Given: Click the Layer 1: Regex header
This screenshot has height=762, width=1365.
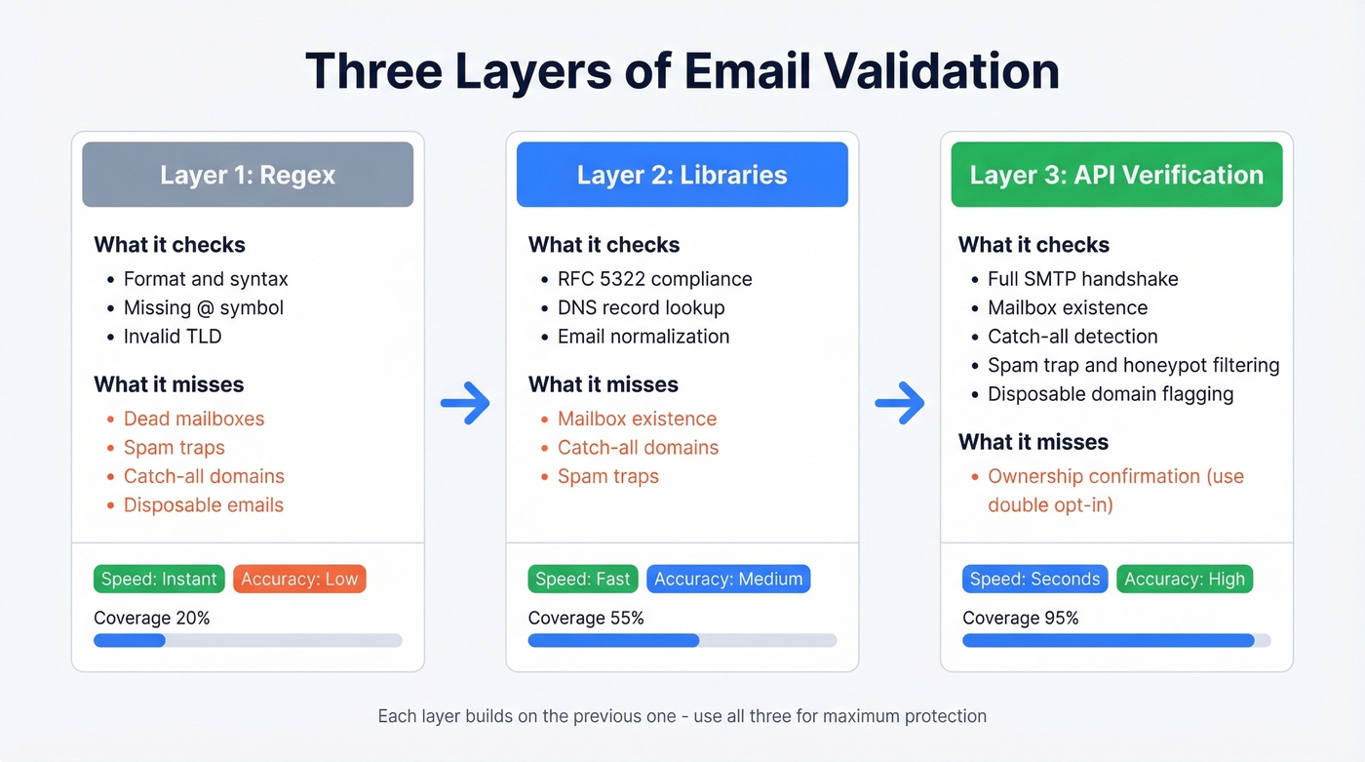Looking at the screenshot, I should click(x=248, y=175).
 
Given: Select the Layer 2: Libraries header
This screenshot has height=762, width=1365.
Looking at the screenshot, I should click(x=682, y=175).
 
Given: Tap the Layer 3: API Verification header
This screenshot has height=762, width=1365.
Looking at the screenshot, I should click(x=1116, y=175).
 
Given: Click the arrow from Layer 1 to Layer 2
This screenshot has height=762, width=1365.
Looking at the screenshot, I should click(x=465, y=402).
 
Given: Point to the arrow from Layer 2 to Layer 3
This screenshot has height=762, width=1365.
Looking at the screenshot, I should click(x=899, y=402).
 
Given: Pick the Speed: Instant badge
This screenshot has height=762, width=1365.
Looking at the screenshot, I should click(x=159, y=579).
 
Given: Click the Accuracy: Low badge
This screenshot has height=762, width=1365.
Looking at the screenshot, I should click(x=299, y=579).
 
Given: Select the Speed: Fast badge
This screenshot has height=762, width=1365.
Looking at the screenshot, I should click(x=583, y=579).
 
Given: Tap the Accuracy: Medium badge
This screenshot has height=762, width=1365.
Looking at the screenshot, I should click(x=728, y=579).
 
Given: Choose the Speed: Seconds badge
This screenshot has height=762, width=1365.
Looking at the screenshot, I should click(x=1034, y=579).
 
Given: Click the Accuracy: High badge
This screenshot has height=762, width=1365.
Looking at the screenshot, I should click(x=1185, y=579).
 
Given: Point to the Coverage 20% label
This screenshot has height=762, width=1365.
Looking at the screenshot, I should click(x=152, y=618).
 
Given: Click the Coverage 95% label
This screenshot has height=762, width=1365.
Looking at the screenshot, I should click(x=1021, y=618).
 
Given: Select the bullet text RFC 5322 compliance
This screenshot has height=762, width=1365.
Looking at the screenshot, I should click(x=654, y=279).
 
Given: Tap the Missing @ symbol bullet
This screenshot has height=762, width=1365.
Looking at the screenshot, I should click(x=204, y=307).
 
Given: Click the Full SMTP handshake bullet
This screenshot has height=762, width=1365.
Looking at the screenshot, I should click(x=1082, y=279).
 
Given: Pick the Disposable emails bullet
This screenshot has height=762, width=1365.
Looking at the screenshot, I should click(x=204, y=504).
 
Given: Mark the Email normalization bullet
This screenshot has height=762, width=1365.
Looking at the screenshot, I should click(x=643, y=336).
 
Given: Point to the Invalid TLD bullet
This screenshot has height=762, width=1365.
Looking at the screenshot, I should click(x=173, y=336).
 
